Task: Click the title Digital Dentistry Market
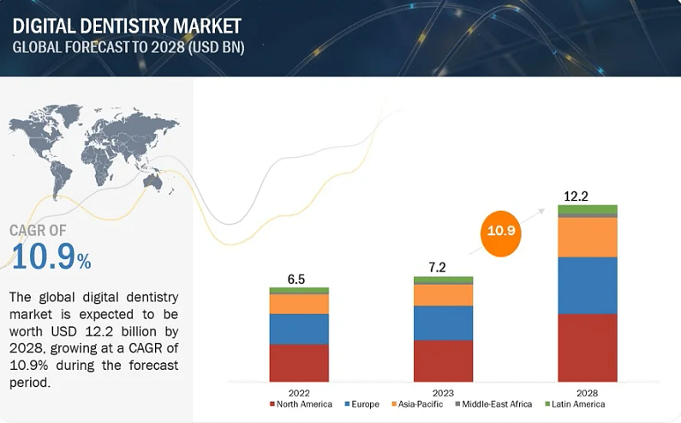(127, 25)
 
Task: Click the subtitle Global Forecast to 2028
(128, 47)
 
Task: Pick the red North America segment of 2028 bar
(588, 347)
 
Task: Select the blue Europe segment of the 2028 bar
(588, 285)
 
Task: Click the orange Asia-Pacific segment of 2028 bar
(588, 238)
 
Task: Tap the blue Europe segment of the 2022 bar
(299, 329)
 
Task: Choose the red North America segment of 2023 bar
(443, 360)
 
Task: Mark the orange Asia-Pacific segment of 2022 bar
(299, 304)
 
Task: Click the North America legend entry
(301, 404)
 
